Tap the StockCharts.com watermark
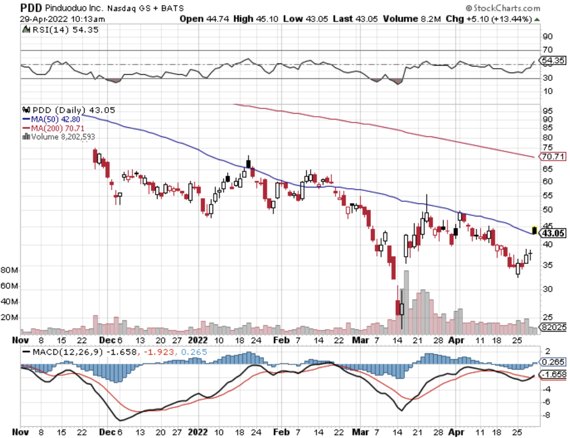[x=502, y=9]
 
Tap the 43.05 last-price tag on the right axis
[x=554, y=233]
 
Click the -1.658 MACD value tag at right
[x=554, y=374]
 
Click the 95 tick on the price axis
[x=547, y=111]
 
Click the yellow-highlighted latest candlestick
[x=535, y=229]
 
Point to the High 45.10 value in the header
[x=257, y=19]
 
